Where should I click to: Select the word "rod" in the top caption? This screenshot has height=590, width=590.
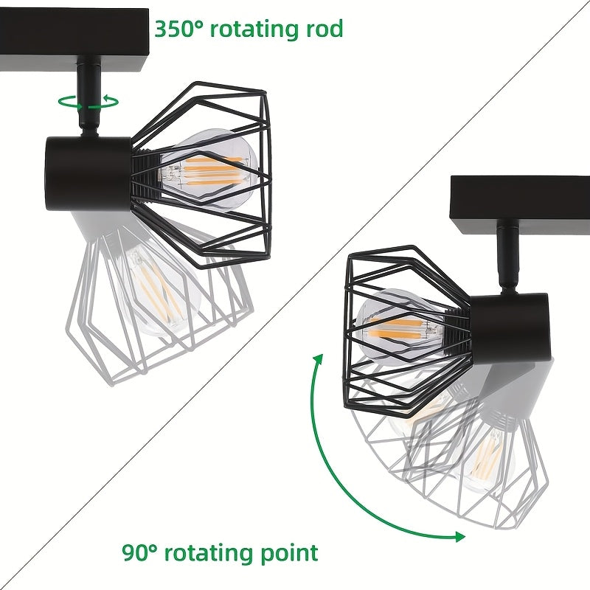tap(324, 29)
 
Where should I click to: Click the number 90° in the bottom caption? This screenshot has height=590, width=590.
tap(139, 552)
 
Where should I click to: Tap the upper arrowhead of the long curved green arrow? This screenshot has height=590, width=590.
tap(319, 359)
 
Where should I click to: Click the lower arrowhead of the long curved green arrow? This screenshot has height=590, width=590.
tap(459, 537)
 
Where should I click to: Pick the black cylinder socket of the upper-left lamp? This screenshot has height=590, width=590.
tap(88, 173)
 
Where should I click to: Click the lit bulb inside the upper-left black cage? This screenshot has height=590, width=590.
tap(208, 169)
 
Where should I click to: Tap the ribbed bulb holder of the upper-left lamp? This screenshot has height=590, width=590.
tap(145, 174)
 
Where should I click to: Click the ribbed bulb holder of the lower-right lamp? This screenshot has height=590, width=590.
tap(457, 330)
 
